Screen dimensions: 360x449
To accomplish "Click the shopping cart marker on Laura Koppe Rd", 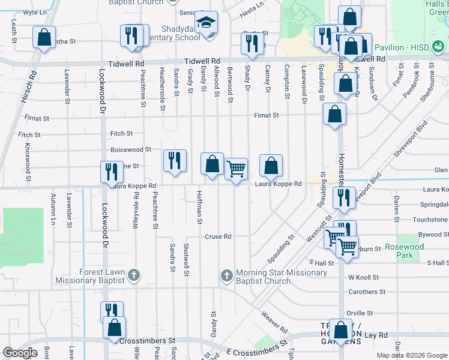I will [x=237, y=169].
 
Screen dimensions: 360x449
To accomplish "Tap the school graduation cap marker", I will [x=206, y=23].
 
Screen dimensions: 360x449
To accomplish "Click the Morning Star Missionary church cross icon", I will [x=226, y=276].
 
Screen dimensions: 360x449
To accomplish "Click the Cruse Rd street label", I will [x=219, y=236].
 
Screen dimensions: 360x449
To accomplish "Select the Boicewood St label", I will [x=131, y=149].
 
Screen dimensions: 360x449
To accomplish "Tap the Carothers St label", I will [x=366, y=292].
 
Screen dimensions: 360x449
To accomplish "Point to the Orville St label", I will [x=360, y=313].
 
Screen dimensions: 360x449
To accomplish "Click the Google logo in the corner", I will [x=20, y=353].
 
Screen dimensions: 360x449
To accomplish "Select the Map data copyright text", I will [x=412, y=355].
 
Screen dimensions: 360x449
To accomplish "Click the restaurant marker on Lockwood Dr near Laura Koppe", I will [x=111, y=172].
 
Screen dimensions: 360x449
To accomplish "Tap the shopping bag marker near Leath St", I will [x=44, y=38].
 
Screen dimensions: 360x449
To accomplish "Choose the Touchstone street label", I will [x=430, y=220].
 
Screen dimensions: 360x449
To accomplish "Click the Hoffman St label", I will [x=199, y=208].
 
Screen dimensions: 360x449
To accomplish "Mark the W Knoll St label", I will [x=363, y=277].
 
